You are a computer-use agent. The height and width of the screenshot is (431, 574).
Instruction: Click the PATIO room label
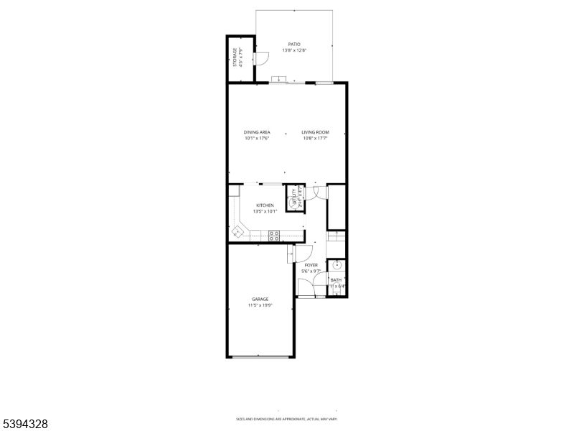click(294, 44)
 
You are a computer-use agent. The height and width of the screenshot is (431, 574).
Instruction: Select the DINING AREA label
click(256, 132)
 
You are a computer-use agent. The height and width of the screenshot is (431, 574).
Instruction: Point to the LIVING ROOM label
click(315, 132)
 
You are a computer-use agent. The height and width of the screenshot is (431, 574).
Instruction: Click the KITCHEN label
click(265, 205)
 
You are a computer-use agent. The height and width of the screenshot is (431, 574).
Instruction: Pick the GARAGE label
click(260, 299)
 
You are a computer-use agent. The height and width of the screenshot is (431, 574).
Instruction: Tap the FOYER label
click(311, 265)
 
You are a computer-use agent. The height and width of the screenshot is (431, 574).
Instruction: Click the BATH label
click(336, 279)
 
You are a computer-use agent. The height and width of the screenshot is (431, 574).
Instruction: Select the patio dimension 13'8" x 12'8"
click(294, 50)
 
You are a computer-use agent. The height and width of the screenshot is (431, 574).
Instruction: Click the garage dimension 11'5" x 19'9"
click(260, 305)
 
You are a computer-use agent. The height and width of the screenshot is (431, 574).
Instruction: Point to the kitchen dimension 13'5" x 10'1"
click(265, 212)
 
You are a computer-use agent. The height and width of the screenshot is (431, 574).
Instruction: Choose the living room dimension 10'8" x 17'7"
click(315, 139)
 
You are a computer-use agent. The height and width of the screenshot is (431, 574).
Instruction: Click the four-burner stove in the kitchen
click(273, 233)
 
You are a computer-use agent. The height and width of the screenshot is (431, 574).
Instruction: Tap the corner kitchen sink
click(237, 232)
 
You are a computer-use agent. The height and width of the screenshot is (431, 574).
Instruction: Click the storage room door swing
click(263, 57)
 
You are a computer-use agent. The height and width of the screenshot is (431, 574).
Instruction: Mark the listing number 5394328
click(24, 425)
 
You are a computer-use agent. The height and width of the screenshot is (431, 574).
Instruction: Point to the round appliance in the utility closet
click(292, 203)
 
